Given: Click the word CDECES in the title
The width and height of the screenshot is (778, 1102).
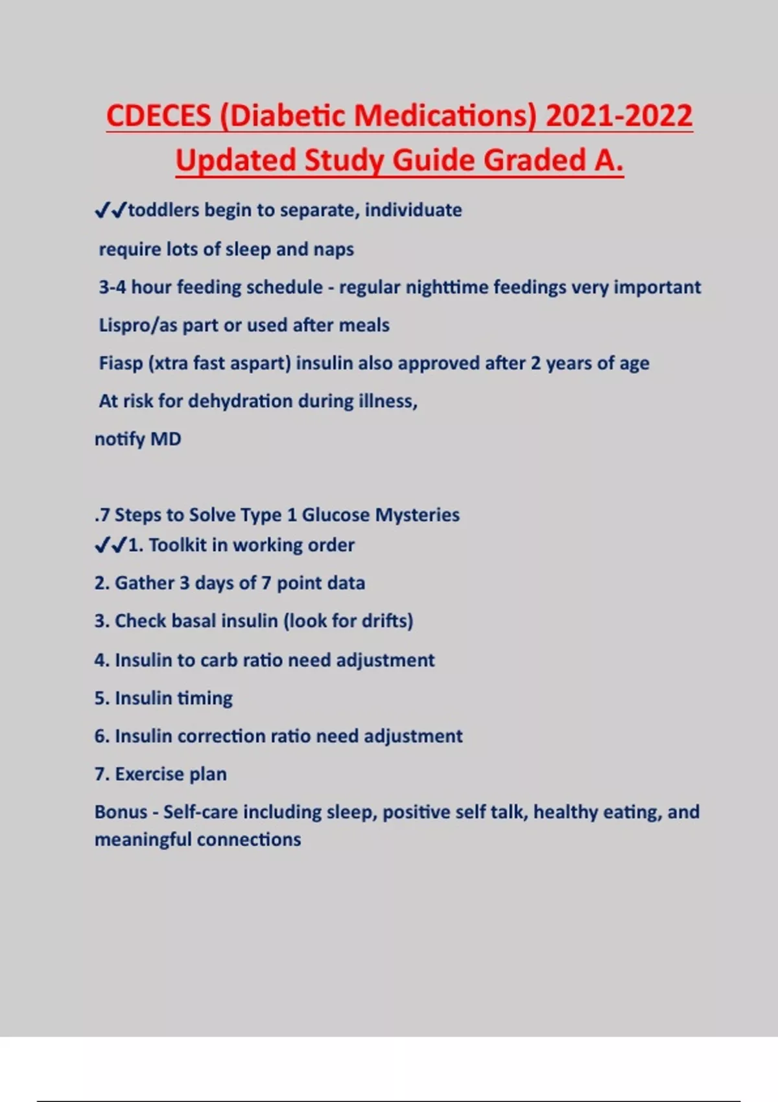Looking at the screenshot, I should pyautogui.click(x=158, y=117).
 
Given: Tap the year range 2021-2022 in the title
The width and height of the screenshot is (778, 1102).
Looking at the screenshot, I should pyautogui.click(x=619, y=117).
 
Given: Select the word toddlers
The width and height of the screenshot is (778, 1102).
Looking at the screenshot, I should pyautogui.click(x=163, y=210).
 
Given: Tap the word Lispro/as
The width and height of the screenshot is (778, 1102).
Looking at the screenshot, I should pyautogui.click(x=137, y=325).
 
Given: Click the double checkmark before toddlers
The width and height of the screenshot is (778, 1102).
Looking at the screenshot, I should pyautogui.click(x=110, y=211).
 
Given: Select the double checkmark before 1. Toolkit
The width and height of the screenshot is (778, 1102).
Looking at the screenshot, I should pyautogui.click(x=110, y=546).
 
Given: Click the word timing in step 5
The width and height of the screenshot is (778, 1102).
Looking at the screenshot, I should pyautogui.click(x=204, y=699).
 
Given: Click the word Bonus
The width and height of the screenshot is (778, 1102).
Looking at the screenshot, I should pyautogui.click(x=121, y=812).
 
